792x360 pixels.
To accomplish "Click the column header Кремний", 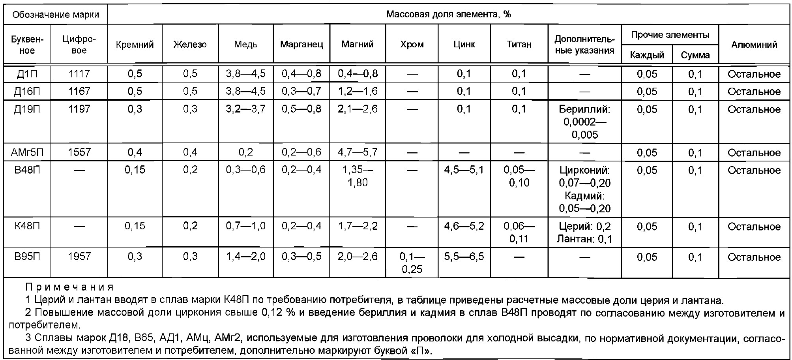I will click(135, 45).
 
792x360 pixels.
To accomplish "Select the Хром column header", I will click(412, 45).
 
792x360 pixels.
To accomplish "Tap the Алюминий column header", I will click(754, 45).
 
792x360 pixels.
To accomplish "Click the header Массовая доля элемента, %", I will click(448, 15).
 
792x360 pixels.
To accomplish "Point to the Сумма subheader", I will click(695, 55).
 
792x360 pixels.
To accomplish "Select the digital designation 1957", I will click(79, 257).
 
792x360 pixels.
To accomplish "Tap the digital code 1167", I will click(79, 92).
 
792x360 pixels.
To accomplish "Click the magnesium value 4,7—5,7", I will click(358, 152).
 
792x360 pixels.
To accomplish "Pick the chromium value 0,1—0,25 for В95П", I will click(412, 263).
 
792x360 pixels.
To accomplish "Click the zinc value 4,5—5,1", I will click(464, 170).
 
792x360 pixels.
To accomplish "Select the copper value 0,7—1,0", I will click(245, 226).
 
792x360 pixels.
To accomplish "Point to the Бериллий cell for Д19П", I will click(584, 122).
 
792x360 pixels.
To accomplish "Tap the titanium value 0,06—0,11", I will click(519, 232).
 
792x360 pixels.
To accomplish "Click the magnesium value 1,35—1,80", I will click(358, 176).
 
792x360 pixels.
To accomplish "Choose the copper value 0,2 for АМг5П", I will click(245, 152).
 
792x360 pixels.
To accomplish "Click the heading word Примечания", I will click(69, 287).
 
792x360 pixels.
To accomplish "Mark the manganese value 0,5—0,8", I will click(301, 109).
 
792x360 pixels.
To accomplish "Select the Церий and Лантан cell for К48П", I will click(584, 232).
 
